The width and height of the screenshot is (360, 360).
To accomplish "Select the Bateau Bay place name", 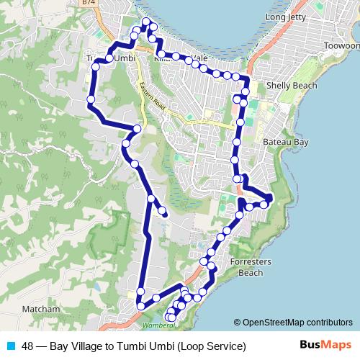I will point(286,143).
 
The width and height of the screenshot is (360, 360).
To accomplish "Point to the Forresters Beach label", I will point(250,267).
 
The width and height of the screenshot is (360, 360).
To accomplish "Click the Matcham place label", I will point(41,309).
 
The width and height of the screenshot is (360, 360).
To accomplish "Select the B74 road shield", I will point(89,4).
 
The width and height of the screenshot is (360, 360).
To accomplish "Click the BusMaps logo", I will point(325,346).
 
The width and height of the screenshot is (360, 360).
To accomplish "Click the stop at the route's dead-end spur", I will point(165,214).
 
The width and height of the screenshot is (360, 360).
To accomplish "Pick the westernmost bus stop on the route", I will point(91,99).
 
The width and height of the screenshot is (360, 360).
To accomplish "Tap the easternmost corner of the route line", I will point(270,197).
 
